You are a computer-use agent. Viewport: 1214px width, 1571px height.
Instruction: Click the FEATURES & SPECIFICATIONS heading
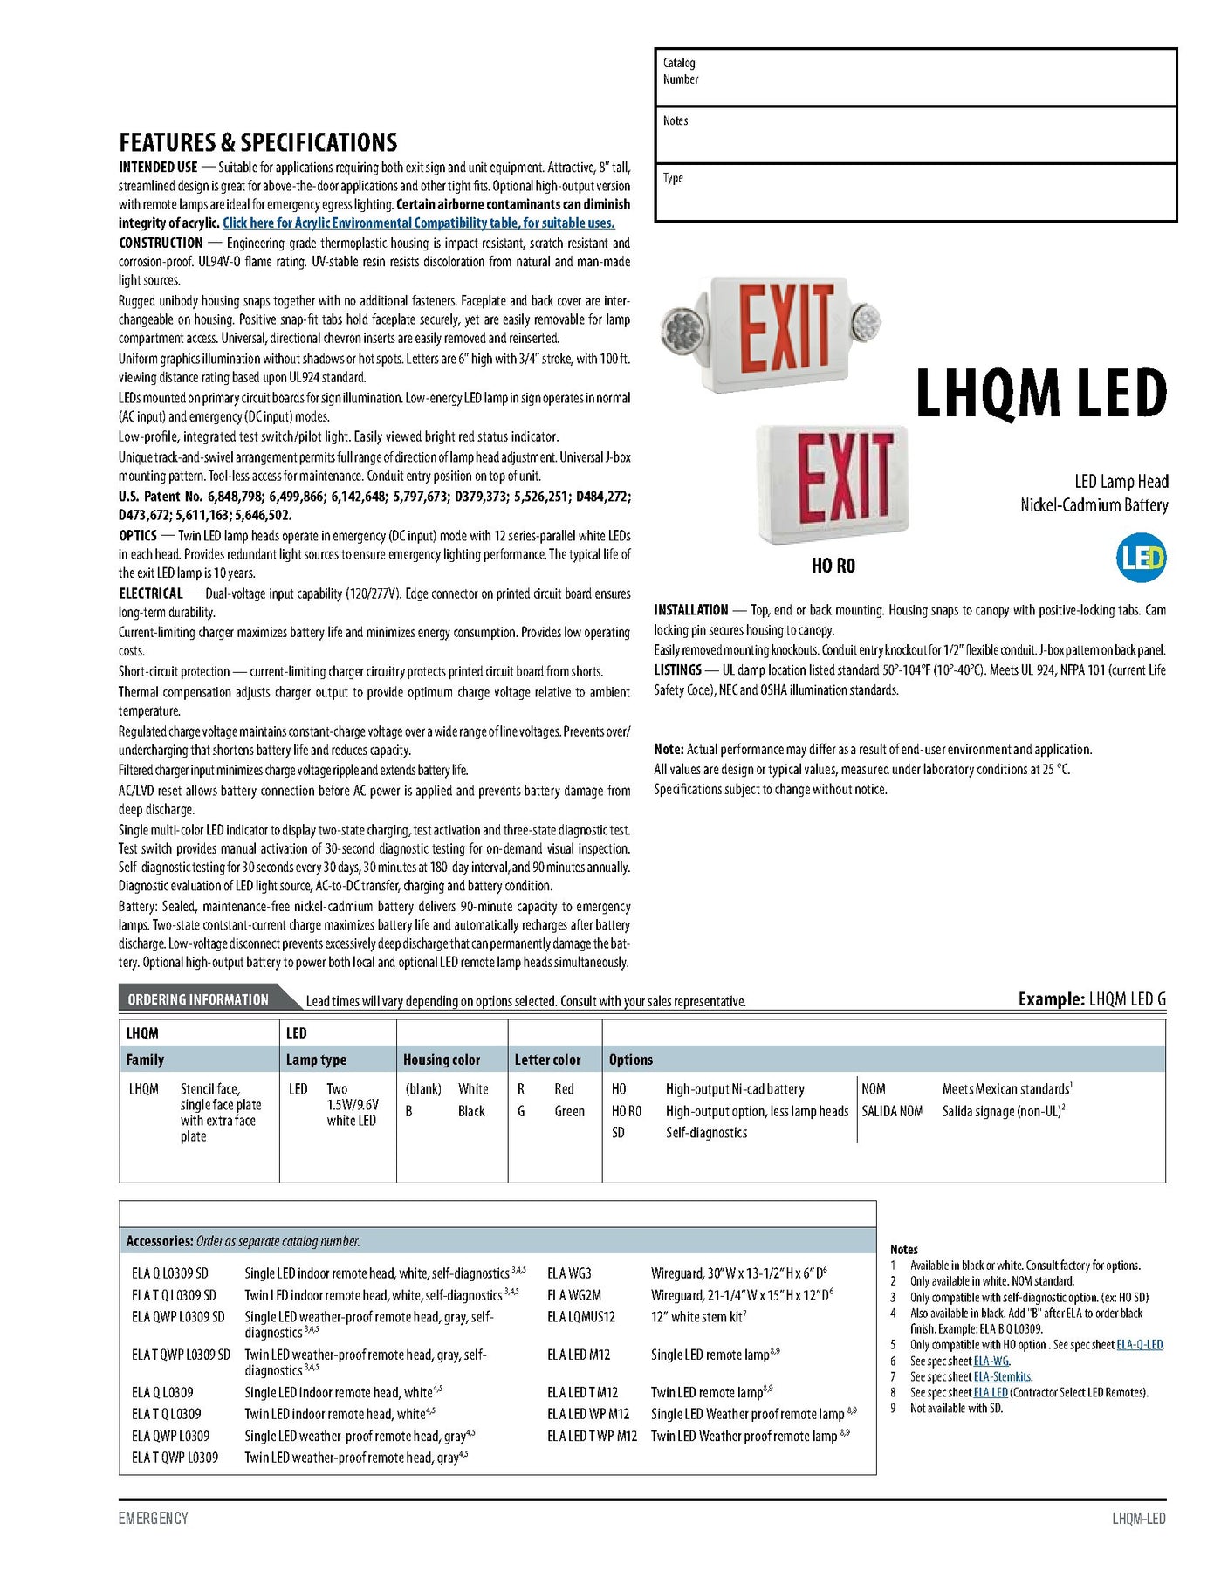[257, 142]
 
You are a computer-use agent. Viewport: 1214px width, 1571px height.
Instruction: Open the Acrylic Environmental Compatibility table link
[418, 223]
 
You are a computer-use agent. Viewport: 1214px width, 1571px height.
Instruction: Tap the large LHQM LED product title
[1040, 394]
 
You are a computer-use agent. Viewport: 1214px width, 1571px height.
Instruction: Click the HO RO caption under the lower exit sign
[833, 566]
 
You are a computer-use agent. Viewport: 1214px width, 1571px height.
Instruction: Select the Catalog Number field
[915, 78]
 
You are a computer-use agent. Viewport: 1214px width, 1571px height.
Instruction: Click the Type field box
[915, 192]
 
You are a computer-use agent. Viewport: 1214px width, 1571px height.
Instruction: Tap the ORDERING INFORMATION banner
[198, 999]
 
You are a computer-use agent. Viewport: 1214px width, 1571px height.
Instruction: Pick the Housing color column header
[442, 1060]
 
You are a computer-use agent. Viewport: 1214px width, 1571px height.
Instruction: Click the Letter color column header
[547, 1060]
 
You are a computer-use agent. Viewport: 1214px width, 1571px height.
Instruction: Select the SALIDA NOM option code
[892, 1111]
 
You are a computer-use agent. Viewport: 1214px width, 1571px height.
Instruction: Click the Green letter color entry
[569, 1111]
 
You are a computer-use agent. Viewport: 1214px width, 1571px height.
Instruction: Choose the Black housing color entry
[471, 1111]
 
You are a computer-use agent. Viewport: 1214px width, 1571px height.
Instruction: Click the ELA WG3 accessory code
[569, 1273]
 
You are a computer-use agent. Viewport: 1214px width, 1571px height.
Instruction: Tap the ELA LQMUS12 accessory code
[580, 1317]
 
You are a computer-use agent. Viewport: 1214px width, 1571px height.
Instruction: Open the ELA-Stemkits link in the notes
[1002, 1376]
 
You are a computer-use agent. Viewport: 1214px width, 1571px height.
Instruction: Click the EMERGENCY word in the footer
[154, 1518]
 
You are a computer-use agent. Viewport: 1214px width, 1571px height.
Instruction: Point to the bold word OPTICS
[138, 536]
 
